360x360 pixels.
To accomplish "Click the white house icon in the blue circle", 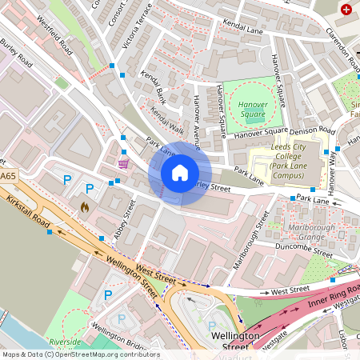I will point(180,173).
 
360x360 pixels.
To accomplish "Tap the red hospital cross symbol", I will point(346,10).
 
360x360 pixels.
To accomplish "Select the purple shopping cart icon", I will point(123,163).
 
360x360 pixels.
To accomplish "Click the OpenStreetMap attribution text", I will point(80,354).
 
